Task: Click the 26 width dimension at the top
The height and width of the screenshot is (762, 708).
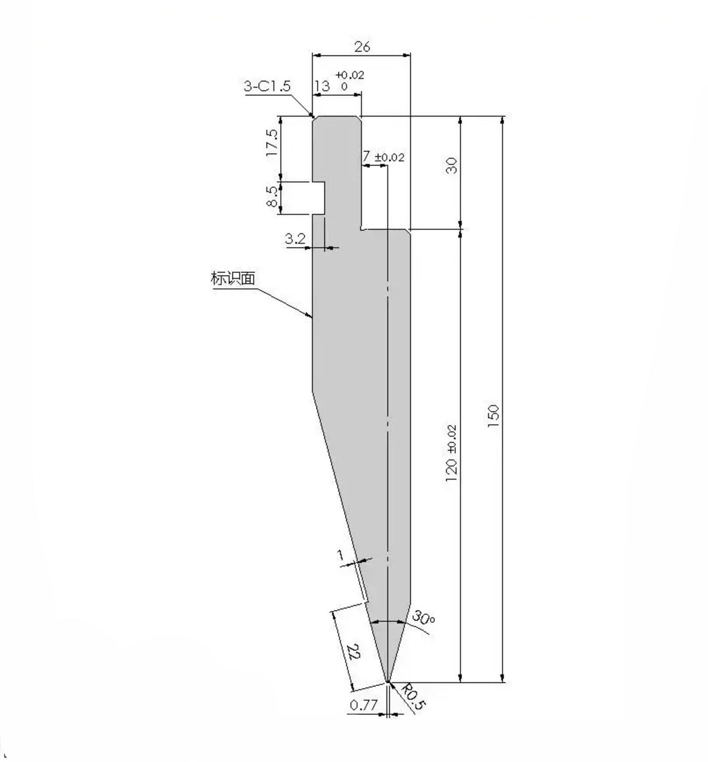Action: coord(362,46)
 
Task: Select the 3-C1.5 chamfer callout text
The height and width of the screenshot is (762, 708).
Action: coord(267,86)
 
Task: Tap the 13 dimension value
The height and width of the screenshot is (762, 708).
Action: coord(322,86)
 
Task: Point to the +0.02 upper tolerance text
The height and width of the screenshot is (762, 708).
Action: coord(350,75)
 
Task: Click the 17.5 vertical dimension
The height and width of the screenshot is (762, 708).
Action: coord(272,142)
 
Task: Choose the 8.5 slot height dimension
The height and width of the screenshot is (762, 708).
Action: coord(272,196)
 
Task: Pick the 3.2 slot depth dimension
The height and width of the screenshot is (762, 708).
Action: coord(295,239)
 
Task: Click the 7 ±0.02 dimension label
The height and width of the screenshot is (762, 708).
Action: coord(383,157)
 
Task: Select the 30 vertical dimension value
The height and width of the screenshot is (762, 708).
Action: coord(452,165)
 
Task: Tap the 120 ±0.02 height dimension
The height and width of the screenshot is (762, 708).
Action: coord(451,453)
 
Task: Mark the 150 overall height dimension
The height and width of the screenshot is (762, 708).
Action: coord(493,417)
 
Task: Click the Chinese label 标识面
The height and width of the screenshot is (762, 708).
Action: coord(233,278)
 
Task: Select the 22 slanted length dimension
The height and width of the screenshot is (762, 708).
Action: coord(354,652)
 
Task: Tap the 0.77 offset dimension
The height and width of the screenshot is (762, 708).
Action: coord(364,705)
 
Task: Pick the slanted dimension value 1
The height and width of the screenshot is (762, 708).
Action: coord(340,556)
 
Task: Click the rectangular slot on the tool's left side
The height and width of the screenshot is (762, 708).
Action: coord(319,198)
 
